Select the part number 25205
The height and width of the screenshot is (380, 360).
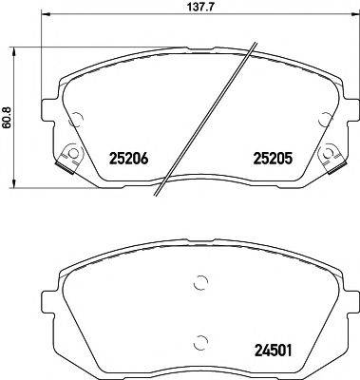coord(271,161)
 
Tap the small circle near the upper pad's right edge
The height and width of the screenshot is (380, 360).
coord(324,118)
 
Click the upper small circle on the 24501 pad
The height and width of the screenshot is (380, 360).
coord(199,281)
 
